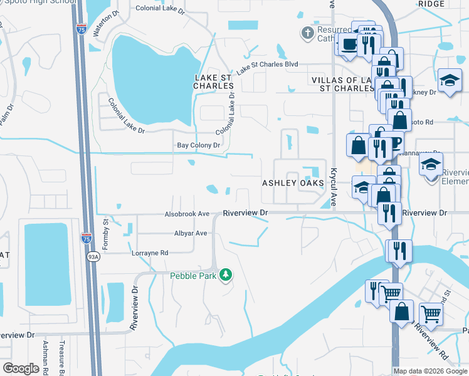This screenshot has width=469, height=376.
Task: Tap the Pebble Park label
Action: pyautogui.click(x=193, y=276)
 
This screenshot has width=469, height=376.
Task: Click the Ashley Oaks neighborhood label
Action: pyautogui.click(x=293, y=183)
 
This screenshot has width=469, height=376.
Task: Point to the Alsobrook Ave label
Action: pyautogui.click(x=187, y=214)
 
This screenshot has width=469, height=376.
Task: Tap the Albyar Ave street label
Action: pyautogui.click(x=191, y=233)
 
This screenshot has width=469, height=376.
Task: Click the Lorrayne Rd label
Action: pyautogui.click(x=150, y=253)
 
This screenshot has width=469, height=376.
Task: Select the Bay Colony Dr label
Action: pyautogui.click(x=198, y=145)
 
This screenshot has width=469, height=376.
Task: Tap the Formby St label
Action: pyautogui.click(x=106, y=232)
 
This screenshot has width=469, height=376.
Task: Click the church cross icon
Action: pyautogui.click(x=308, y=33)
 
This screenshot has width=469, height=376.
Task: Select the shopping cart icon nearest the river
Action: pyautogui.click(x=391, y=292)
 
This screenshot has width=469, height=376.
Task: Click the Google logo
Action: pyautogui.click(x=22, y=368)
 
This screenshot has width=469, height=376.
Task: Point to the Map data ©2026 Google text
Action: pyautogui.click(x=429, y=371)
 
